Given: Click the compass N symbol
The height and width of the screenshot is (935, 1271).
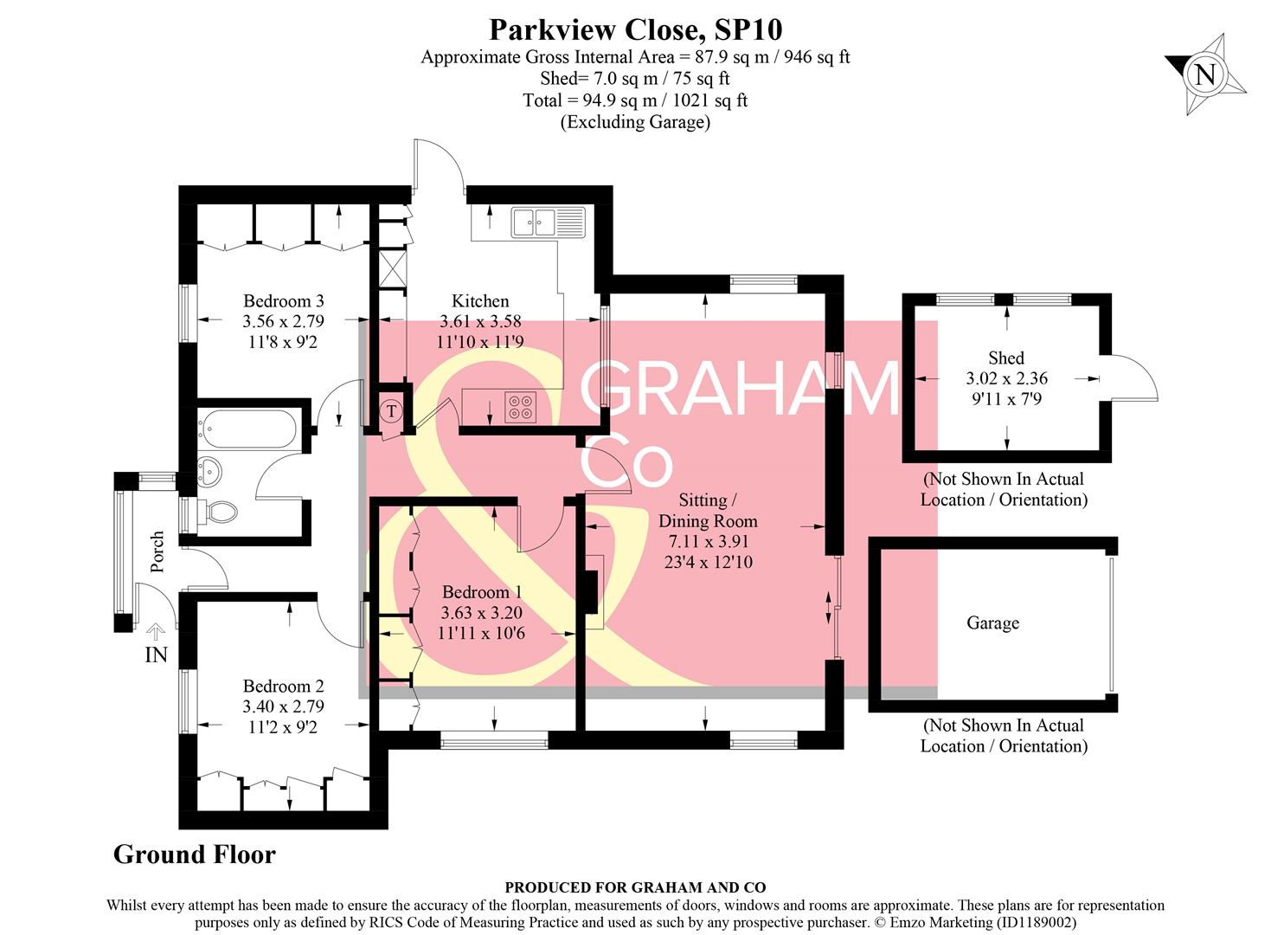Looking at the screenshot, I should [1204, 74].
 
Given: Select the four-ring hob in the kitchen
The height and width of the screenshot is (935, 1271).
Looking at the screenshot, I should [520, 407].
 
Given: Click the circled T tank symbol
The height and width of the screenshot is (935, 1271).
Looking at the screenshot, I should [391, 411].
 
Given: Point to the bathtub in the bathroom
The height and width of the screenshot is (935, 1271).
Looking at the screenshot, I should [247, 429].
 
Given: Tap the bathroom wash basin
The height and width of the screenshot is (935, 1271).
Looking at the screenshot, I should [210, 472].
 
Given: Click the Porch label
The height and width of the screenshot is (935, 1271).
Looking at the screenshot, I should [157, 551].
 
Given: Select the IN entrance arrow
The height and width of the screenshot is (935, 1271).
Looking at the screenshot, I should [156, 634].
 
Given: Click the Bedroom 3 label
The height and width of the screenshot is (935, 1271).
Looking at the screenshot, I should [283, 301].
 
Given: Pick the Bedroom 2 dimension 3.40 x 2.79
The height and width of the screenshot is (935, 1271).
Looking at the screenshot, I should [283, 706].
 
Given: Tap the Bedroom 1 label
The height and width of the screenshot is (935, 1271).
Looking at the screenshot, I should [481, 592].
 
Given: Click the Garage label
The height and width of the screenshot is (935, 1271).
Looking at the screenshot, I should [992, 623].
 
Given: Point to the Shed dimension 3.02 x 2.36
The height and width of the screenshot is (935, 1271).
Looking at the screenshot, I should [1006, 378].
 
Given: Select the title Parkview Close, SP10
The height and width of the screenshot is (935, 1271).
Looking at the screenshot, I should [635, 29].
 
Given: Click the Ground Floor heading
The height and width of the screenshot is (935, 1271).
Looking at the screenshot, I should [195, 854].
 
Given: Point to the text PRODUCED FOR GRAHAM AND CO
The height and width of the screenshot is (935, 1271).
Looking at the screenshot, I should [635, 887].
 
